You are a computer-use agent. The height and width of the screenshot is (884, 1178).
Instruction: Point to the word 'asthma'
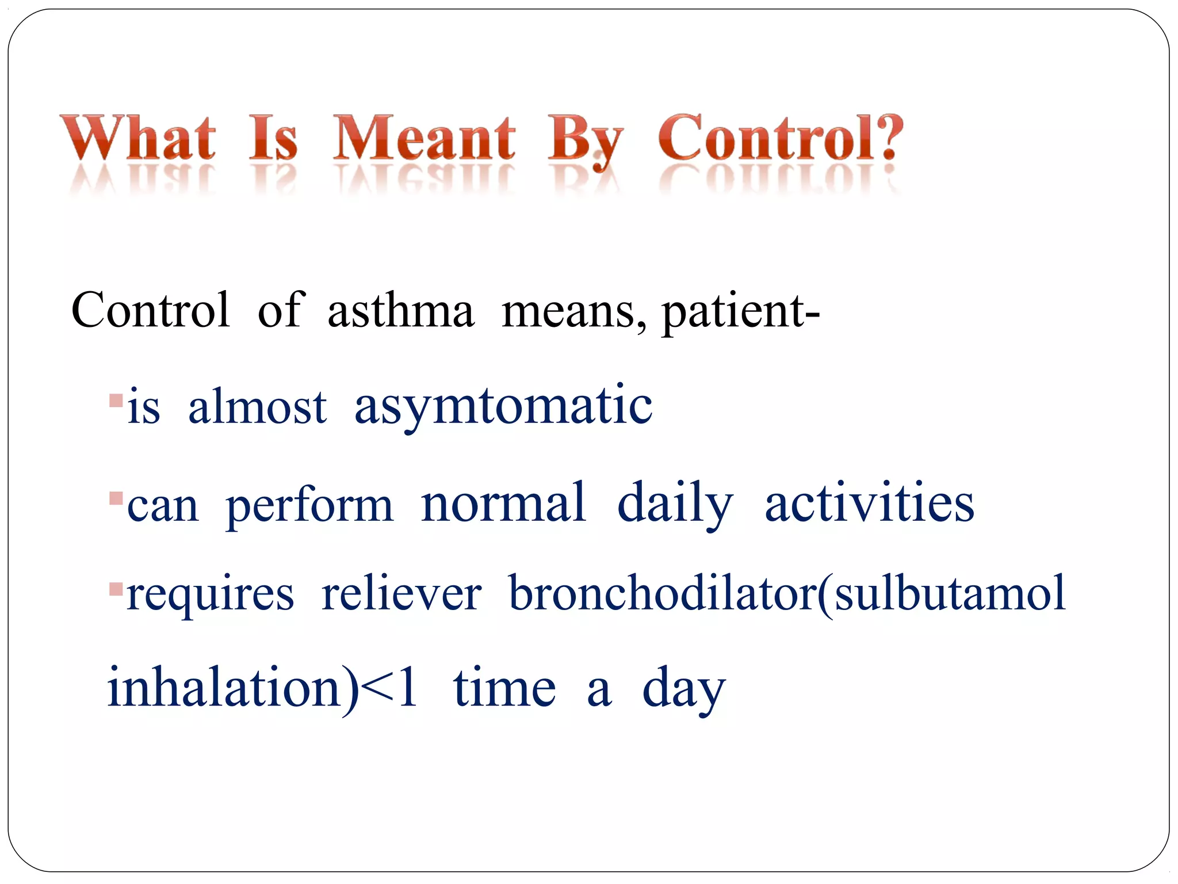pyautogui.click(x=401, y=311)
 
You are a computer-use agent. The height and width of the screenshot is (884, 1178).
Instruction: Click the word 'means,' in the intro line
pyautogui.click(x=573, y=311)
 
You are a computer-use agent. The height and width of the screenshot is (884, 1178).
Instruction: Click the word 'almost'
pyautogui.click(x=257, y=406)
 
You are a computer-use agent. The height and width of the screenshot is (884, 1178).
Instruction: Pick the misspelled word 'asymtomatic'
pyautogui.click(x=503, y=406)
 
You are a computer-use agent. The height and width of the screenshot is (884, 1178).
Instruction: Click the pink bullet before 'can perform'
pyautogui.click(x=116, y=497)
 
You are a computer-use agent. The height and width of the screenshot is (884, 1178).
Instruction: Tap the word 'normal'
pyautogui.click(x=503, y=503)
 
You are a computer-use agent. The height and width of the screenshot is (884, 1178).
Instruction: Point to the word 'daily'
pyautogui.click(x=675, y=504)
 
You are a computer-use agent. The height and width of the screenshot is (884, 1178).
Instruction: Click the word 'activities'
pyautogui.click(x=869, y=503)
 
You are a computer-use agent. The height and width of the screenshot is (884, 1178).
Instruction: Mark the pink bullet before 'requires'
pyautogui.click(x=116, y=589)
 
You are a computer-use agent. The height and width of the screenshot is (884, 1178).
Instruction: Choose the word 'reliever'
pyautogui.click(x=401, y=594)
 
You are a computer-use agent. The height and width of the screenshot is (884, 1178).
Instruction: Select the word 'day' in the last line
pyautogui.click(x=683, y=689)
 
